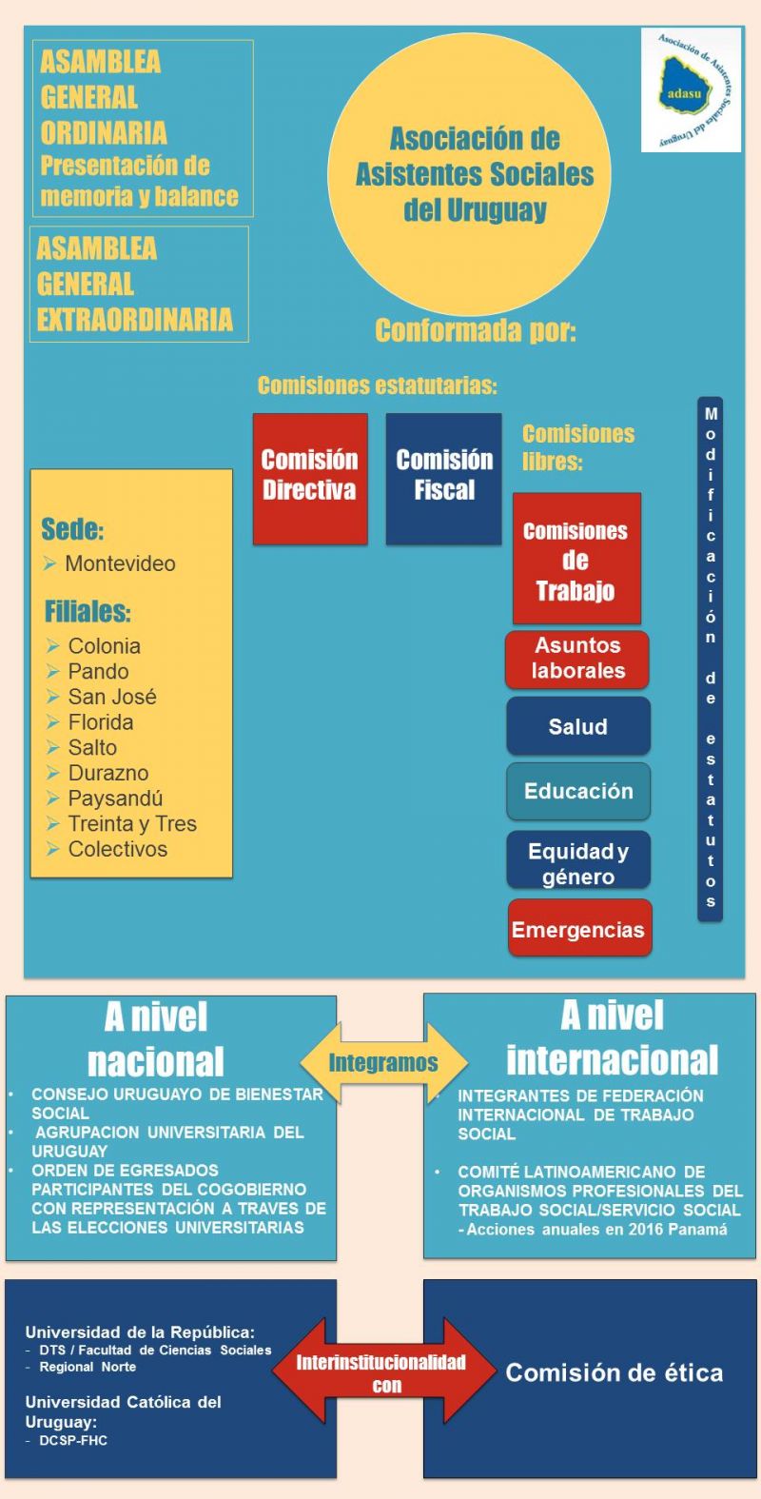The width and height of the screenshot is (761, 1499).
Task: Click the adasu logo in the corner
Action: (x=691, y=90)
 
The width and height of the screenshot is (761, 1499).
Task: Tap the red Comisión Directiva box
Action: (x=310, y=478)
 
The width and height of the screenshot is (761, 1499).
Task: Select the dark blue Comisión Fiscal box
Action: (x=443, y=478)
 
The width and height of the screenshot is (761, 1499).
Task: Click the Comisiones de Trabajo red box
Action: (x=576, y=560)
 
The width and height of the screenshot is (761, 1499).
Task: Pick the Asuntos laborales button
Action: (x=577, y=659)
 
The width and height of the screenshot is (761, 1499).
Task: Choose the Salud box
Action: (x=577, y=726)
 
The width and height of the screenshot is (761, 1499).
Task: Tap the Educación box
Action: (x=577, y=791)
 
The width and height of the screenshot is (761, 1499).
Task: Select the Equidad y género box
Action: (x=577, y=862)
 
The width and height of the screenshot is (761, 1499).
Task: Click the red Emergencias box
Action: (x=578, y=929)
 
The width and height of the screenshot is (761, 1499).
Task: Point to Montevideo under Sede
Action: (x=120, y=563)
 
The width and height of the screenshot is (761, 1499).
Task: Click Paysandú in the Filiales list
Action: (x=115, y=799)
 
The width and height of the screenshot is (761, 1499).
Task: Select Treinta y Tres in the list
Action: (x=132, y=824)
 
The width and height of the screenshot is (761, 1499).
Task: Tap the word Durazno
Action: (x=107, y=773)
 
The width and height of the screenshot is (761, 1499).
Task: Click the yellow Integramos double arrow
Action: (x=383, y=1062)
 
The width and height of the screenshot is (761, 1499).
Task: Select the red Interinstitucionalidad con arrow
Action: (x=385, y=1371)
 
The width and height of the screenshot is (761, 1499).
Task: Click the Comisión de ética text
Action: (x=615, y=1372)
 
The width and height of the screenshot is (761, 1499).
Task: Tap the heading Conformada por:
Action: (x=476, y=330)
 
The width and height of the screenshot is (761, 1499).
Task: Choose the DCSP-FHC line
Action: (x=73, y=1440)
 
